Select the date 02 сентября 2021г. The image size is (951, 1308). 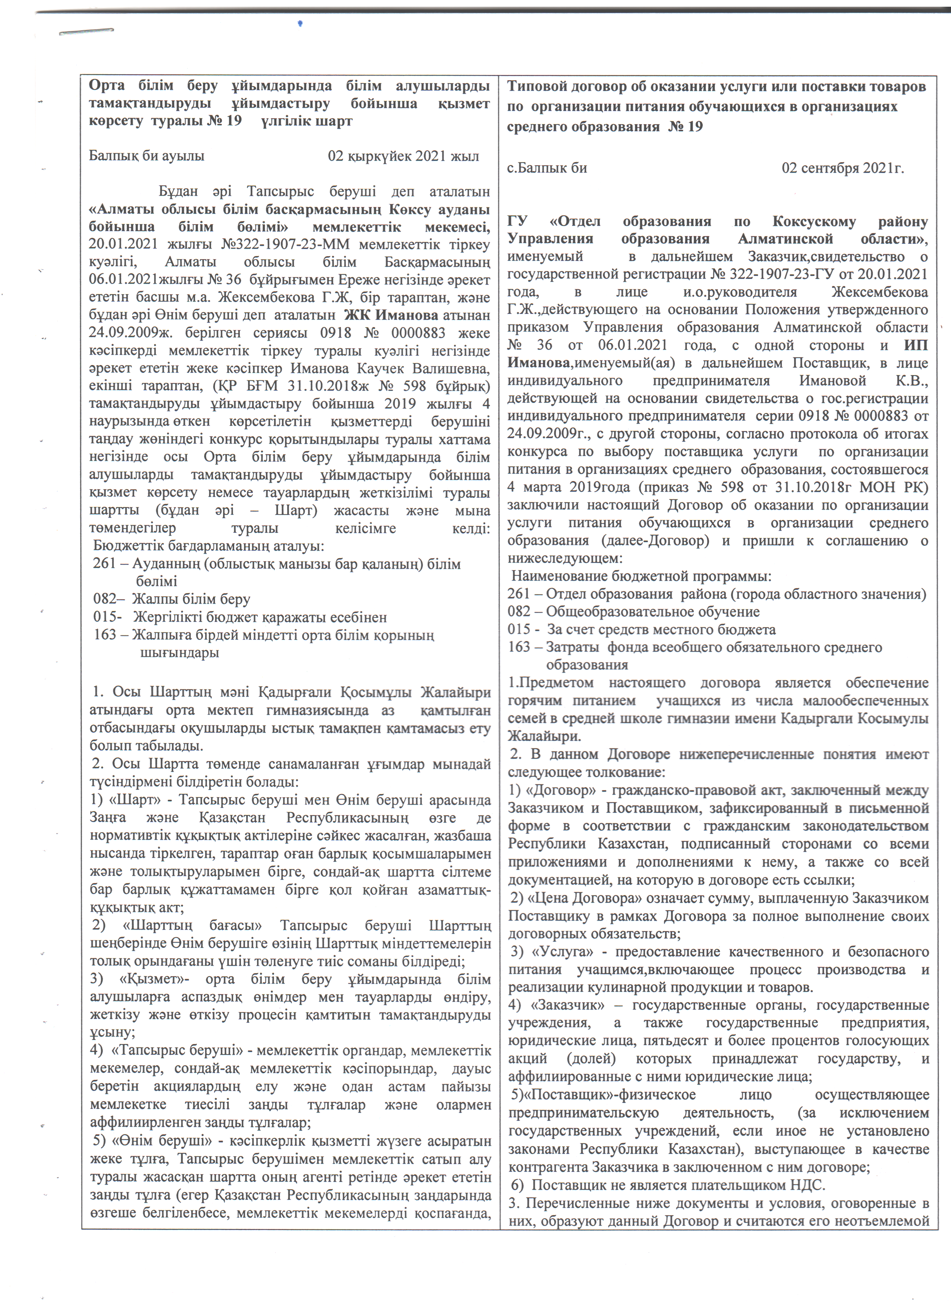[842, 169]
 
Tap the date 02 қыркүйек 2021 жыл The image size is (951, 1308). [403, 156]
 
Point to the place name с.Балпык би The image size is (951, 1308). [547, 169]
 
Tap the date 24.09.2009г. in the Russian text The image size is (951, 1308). [542, 434]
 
